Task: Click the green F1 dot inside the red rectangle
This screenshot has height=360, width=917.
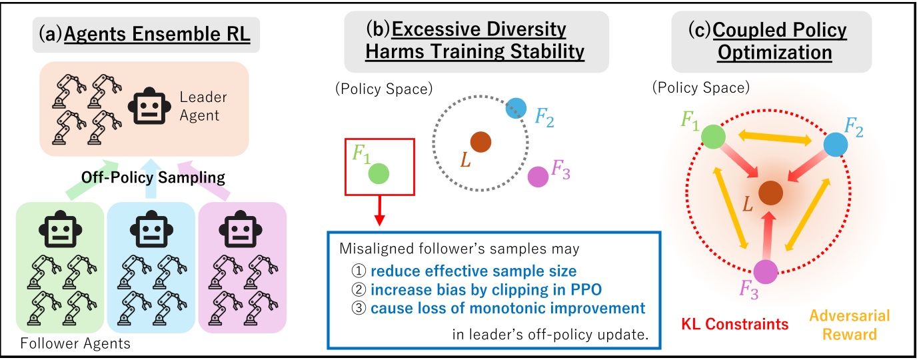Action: tap(380, 174)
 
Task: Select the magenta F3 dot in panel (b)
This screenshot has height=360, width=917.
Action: tap(537, 177)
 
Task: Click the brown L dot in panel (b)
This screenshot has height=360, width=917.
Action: tap(480, 141)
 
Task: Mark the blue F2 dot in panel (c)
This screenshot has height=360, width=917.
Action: tap(836, 145)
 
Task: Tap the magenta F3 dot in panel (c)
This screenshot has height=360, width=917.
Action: tap(765, 272)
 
